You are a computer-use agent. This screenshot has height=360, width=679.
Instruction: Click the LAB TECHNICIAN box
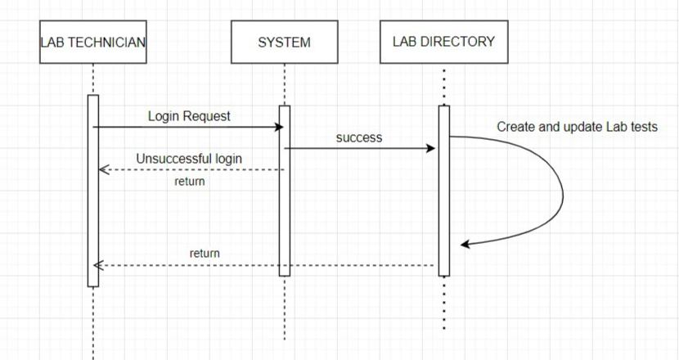tap(93, 43)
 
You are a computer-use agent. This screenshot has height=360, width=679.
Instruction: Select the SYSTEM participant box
tap(284, 43)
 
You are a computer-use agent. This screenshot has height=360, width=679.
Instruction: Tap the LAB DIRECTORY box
tap(443, 42)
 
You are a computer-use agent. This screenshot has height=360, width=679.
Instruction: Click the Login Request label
tap(189, 116)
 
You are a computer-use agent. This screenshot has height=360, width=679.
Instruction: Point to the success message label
tap(359, 138)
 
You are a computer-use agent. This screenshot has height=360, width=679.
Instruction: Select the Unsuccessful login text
tap(189, 158)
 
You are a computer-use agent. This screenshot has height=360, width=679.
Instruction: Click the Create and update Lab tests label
tap(577, 127)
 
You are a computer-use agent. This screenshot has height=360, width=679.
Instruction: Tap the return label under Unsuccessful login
tap(190, 182)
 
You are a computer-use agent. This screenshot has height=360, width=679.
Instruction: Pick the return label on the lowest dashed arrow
tap(205, 254)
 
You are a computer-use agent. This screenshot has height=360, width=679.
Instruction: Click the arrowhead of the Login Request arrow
tap(279, 127)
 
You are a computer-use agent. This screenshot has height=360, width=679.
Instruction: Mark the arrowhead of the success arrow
tap(431, 148)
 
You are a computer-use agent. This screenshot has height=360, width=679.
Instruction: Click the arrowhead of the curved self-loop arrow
tap(465, 244)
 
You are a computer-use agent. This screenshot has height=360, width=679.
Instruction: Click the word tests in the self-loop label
tap(642, 127)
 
